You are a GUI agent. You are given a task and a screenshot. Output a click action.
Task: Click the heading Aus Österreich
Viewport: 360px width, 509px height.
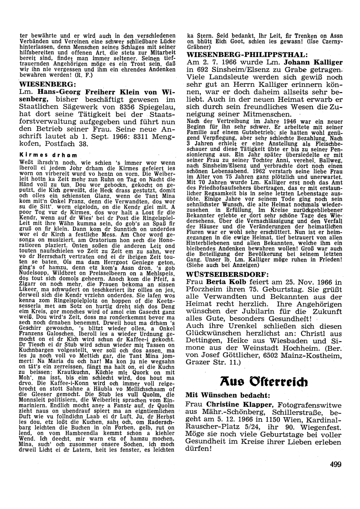tap(264, 381)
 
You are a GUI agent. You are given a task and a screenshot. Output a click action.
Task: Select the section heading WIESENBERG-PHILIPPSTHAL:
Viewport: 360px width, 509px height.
tap(248, 55)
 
